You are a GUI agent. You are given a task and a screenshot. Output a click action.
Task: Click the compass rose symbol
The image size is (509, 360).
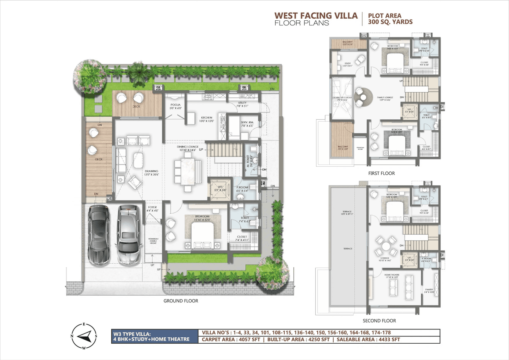84,336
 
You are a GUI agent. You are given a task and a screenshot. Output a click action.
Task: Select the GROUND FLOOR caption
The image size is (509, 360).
181,301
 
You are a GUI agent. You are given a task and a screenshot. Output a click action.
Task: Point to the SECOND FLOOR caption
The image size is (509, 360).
379,321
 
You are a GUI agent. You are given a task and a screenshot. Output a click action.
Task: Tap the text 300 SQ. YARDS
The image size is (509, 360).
390,22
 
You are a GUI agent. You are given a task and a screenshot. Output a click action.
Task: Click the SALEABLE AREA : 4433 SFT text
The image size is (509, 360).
368,339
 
